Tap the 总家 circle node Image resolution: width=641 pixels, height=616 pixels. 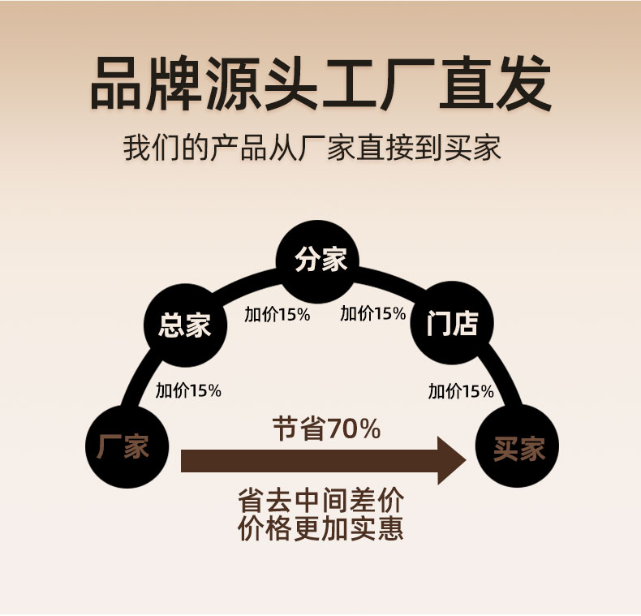pos(184,325)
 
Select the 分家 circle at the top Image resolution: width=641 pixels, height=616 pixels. pos(320,260)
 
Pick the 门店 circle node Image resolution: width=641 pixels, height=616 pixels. pos(452,325)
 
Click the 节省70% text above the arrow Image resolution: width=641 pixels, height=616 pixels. pos(326,429)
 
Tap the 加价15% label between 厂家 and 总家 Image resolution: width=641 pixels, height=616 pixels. pos(188,390)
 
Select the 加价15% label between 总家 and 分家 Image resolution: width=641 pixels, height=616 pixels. pos(277,314)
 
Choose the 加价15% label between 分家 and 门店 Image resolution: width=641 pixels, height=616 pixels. pos(372,314)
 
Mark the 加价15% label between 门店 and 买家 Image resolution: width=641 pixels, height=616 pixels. pos(461,391)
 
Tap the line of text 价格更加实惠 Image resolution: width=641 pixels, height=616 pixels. pos(320,528)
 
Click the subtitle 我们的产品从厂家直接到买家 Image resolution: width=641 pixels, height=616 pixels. pos(312,149)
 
